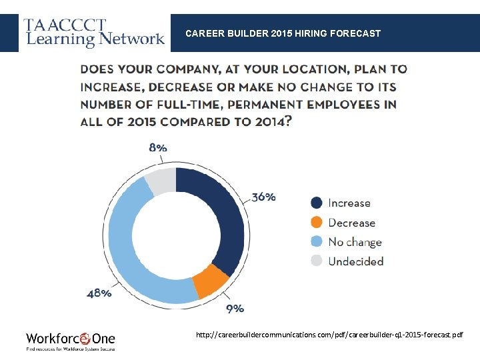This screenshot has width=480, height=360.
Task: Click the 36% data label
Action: (x=263, y=197)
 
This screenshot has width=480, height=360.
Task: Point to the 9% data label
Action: (x=235, y=309)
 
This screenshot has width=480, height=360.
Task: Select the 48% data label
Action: (x=99, y=293)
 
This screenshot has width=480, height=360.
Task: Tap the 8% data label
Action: (x=158, y=147)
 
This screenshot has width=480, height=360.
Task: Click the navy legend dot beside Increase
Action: (x=317, y=203)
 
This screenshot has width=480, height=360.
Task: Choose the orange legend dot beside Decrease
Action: (x=317, y=222)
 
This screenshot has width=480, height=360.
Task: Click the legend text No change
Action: (x=355, y=242)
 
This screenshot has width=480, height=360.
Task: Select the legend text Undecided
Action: (x=356, y=261)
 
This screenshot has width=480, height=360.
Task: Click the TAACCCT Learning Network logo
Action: (x=94, y=33)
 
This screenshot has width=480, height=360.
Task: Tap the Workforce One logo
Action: (x=70, y=340)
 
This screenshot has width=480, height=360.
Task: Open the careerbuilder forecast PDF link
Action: (x=329, y=334)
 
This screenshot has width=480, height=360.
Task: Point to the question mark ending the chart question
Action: (x=287, y=121)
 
